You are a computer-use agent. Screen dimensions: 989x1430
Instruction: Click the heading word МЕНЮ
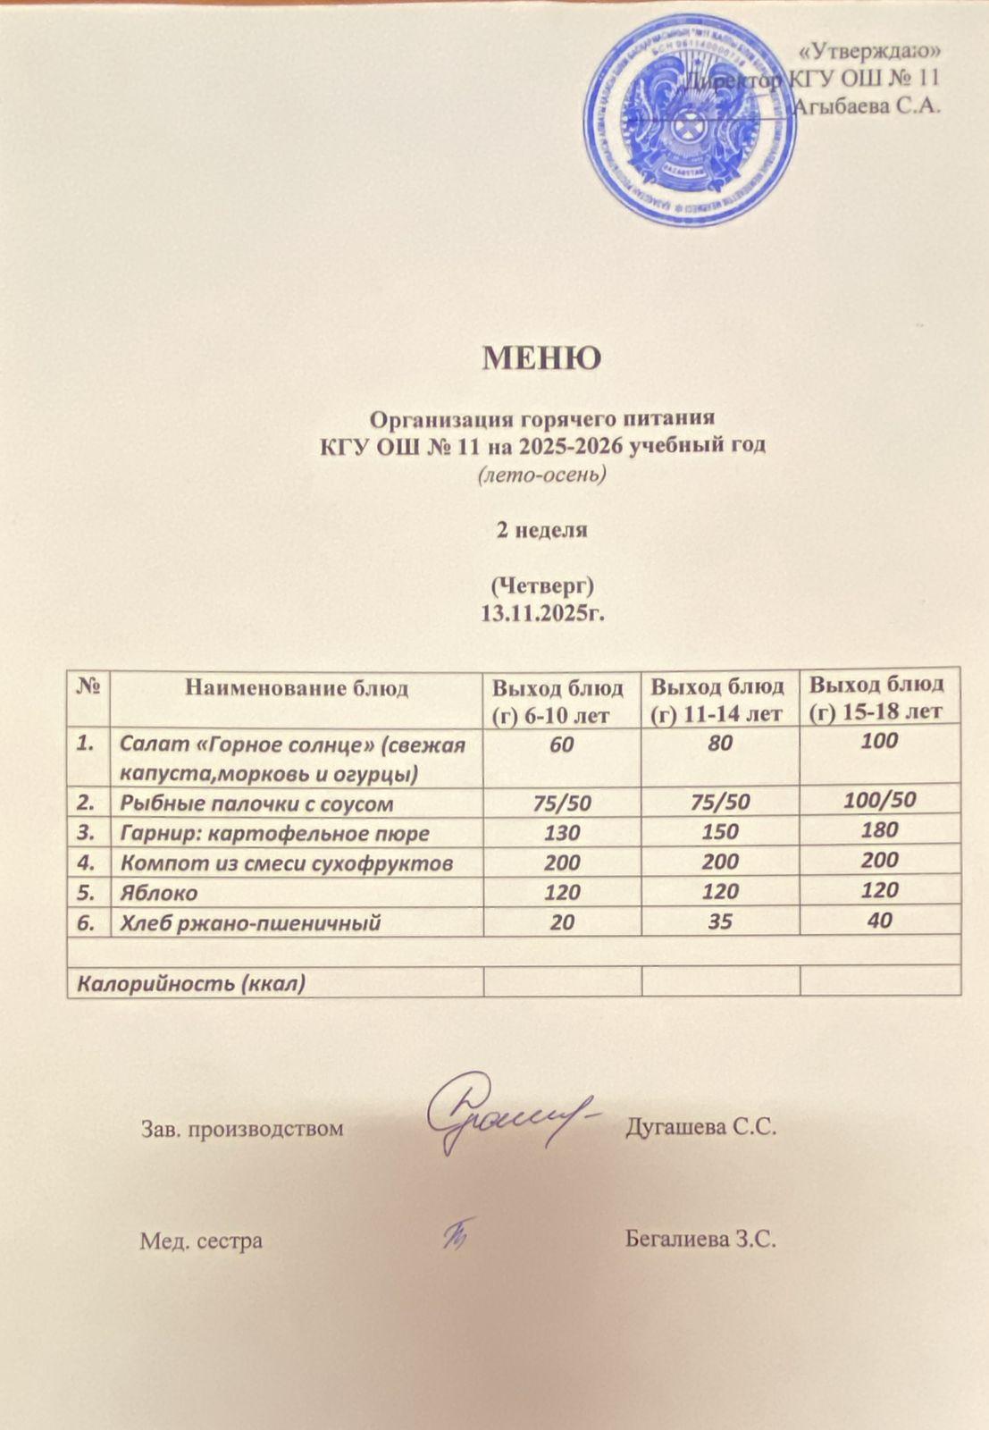tap(541, 357)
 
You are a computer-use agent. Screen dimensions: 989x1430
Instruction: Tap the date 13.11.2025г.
tap(543, 613)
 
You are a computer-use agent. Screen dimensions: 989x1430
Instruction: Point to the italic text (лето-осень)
tap(542, 474)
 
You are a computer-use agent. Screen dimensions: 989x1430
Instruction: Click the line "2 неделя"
tap(541, 529)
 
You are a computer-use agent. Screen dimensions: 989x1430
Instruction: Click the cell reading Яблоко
tap(159, 893)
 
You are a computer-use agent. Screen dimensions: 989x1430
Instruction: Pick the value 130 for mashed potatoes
tap(562, 833)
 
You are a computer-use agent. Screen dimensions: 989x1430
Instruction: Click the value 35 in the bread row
tap(720, 921)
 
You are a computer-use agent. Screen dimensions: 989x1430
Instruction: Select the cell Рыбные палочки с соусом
tap(256, 803)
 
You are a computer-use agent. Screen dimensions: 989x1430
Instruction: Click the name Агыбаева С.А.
tap(867, 105)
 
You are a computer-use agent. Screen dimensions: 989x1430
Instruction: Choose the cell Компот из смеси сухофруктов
tap(286, 863)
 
